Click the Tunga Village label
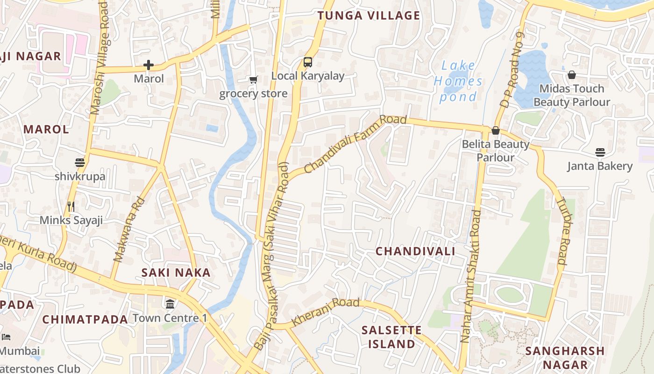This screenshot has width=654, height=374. click(369, 15)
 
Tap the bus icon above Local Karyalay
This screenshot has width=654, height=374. click(308, 62)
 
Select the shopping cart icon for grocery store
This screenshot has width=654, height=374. click(253, 80)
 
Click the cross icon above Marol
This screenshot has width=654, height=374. click(149, 65)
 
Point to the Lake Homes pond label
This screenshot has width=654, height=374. click(458, 81)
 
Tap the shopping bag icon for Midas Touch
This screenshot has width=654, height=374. click(571, 75)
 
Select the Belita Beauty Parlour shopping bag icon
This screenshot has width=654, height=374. click(496, 130)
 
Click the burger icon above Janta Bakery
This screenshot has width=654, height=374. click(600, 152)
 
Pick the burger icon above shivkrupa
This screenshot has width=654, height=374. click(80, 163)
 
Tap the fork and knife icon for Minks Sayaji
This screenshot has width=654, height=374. click(71, 206)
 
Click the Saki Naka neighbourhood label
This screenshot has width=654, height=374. click(176, 272)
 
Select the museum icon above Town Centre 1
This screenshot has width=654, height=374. click(170, 304)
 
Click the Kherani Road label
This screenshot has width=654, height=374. click(325, 312)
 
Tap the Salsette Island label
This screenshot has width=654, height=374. click(391, 337)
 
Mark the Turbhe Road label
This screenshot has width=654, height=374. click(564, 232)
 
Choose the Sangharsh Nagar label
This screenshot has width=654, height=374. click(564, 358)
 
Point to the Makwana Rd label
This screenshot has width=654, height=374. click(129, 230)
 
